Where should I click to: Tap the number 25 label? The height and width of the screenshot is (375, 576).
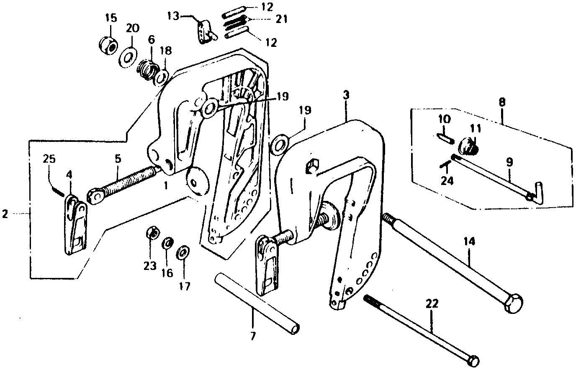pos(49,159)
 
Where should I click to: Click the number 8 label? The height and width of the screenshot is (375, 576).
pos(502,101)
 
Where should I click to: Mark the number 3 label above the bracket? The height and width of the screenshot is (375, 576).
pos(345,95)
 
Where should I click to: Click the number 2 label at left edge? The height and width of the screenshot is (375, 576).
pos(5,214)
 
